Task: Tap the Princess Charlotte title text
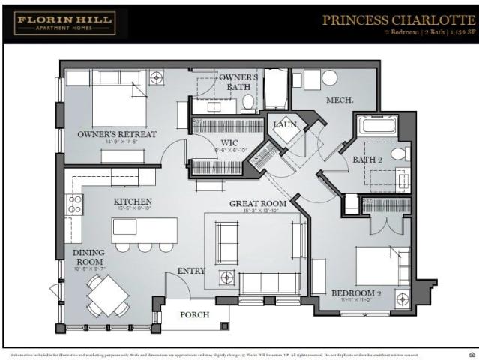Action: [399, 20]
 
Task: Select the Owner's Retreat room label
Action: [117, 134]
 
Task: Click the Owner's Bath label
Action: [238, 82]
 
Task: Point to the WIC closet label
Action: [229, 142]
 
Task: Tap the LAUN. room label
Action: [286, 124]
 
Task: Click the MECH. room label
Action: [340, 100]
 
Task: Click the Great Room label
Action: [258, 203]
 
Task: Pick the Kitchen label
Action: [133, 202]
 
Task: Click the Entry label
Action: [191, 271]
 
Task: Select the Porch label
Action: [194, 314]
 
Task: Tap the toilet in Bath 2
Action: [398, 154]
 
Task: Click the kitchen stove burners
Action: [75, 205]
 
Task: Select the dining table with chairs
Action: [106, 294]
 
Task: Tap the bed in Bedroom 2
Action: [382, 265]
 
